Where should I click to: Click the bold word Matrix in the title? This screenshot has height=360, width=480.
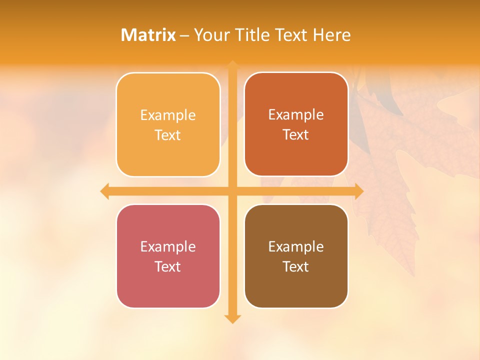click(148, 35)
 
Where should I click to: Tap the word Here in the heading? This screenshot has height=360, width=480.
click(332, 35)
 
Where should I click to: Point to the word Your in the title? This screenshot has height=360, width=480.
click(211, 35)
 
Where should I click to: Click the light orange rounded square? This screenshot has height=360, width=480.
click(168, 124)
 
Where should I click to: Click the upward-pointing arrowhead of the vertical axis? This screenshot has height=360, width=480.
click(232, 65)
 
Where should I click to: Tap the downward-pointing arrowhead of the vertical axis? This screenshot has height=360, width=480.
click(232, 318)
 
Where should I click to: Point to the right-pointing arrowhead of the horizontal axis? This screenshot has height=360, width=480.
click(358, 191)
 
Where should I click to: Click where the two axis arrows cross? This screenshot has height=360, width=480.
click(232, 191)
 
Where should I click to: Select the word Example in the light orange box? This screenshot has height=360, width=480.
click(168, 115)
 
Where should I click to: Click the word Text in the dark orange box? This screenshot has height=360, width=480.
click(296, 135)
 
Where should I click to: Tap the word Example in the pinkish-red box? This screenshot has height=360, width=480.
click(168, 247)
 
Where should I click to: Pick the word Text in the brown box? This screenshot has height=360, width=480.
click(296, 267)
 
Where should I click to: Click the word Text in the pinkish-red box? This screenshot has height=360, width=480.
click(168, 267)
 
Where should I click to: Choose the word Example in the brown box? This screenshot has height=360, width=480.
click(296, 247)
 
